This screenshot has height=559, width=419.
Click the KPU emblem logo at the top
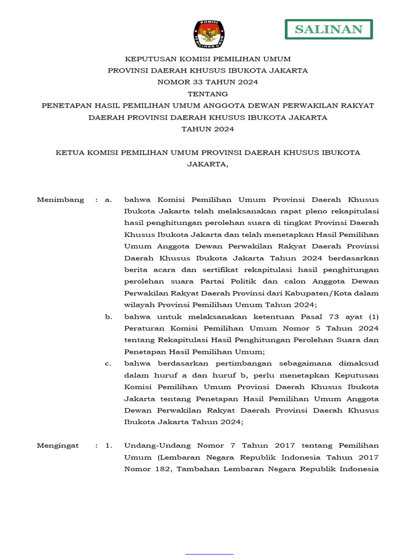click(208, 34)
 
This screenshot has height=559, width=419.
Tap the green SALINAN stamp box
click(328, 29)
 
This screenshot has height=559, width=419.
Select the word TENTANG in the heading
click(208, 94)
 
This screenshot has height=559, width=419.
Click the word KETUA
click(69, 153)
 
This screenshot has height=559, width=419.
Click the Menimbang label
click(61, 200)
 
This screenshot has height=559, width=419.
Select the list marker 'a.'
click(108, 200)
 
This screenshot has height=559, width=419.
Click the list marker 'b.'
click(108, 317)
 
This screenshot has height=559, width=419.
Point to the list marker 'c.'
click(108, 364)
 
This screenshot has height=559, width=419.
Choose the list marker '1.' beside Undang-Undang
click(109, 446)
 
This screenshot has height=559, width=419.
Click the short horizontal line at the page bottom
click(209, 555)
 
